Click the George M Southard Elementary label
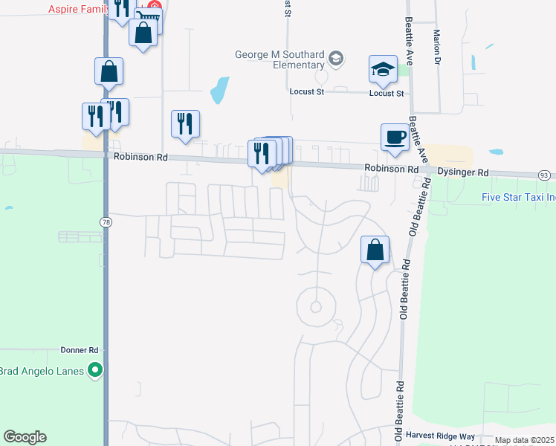point(281,59)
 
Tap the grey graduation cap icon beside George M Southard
point(337,59)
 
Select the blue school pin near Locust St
point(384,71)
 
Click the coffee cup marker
point(395,138)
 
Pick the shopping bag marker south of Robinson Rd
point(375,250)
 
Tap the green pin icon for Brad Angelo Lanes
point(94,369)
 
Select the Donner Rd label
point(80,349)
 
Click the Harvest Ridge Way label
point(440,435)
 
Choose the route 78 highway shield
point(106,222)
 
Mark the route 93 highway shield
point(545,175)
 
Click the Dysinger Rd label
point(463,172)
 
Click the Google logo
point(25,437)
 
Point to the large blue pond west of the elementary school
point(219,90)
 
